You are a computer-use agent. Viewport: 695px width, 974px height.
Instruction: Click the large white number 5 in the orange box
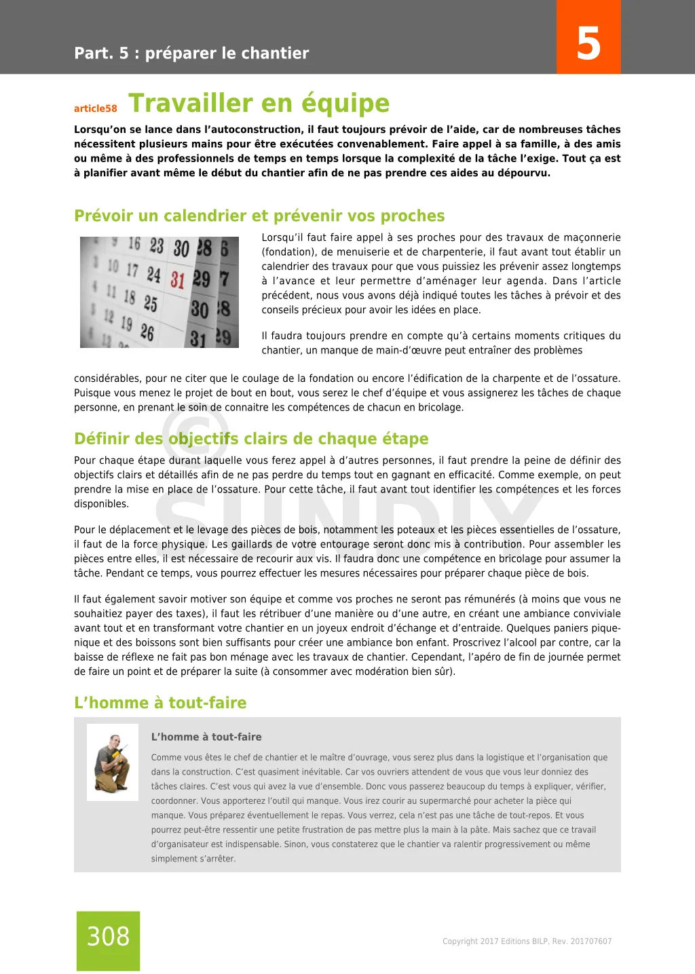click(588, 43)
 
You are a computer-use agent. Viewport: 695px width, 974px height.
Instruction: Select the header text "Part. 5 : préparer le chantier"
click(191, 54)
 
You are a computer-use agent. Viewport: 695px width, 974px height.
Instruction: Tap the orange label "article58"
click(96, 109)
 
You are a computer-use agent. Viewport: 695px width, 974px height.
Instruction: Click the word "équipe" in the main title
click(345, 103)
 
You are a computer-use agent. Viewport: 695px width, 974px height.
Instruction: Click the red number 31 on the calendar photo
click(178, 279)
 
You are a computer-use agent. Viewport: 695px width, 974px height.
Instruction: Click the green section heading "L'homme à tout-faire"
click(160, 703)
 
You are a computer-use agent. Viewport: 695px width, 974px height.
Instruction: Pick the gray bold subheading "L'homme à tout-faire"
click(206, 737)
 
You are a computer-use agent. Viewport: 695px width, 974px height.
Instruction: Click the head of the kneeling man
click(115, 740)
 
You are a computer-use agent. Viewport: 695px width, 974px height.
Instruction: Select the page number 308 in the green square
click(108, 937)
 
